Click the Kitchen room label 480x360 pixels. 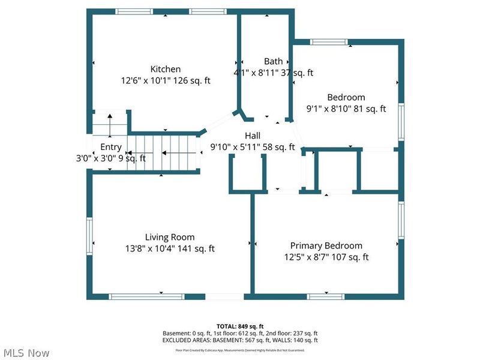[165, 69]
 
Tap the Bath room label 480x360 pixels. [273, 61]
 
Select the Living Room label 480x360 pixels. [170, 237]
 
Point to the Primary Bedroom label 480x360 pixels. [326, 245]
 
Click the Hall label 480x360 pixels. [252, 136]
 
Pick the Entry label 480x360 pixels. [111, 147]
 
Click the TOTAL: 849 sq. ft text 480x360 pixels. [240, 326]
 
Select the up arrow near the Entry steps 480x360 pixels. [110, 126]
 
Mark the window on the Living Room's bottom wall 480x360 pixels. [146, 296]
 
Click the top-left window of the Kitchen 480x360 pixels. [134, 11]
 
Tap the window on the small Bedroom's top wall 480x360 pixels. [329, 42]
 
